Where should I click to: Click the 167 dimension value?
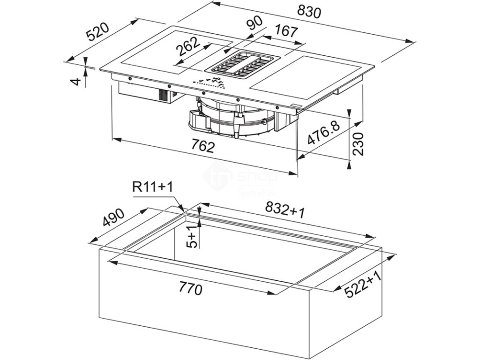tap(285, 31)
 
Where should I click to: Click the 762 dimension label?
tap(203, 146)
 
